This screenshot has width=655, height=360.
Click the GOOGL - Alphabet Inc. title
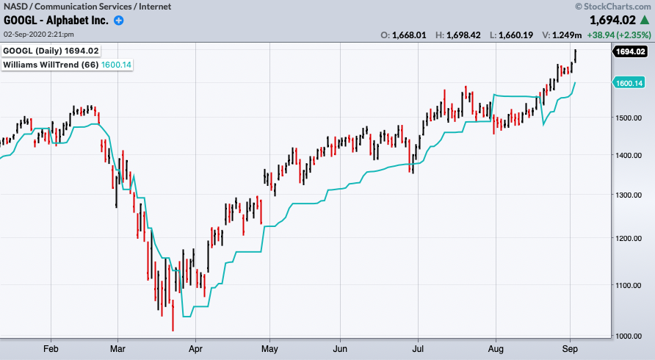[56, 21]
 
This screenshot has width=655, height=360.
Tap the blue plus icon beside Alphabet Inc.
[119, 21]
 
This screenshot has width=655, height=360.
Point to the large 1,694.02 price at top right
[607, 21]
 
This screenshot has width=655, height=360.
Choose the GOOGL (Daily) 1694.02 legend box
[51, 51]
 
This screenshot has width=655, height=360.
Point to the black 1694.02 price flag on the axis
[631, 51]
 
